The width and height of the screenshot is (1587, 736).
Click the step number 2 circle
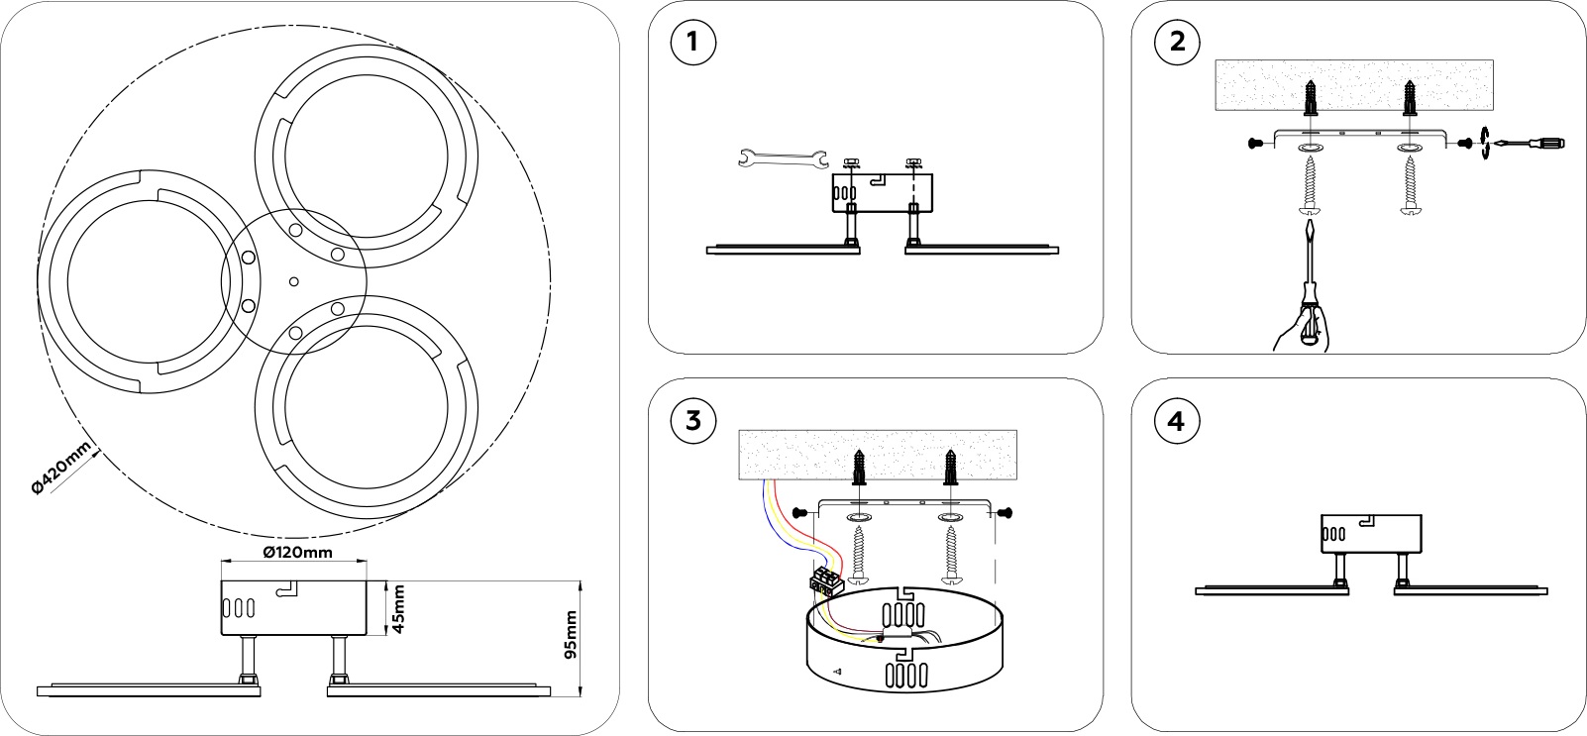tap(1177, 43)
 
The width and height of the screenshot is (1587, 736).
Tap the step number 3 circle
tap(692, 420)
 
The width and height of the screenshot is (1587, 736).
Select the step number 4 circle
tap(1177, 420)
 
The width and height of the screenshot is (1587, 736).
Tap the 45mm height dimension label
tap(398, 608)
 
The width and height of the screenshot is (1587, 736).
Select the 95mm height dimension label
tap(572, 635)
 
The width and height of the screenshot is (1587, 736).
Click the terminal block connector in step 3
tap(826, 579)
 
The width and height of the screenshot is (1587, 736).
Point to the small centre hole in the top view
tap(293, 281)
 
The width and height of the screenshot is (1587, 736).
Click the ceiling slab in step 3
tap(878, 453)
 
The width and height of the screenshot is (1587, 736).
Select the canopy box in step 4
tap(1370, 535)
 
